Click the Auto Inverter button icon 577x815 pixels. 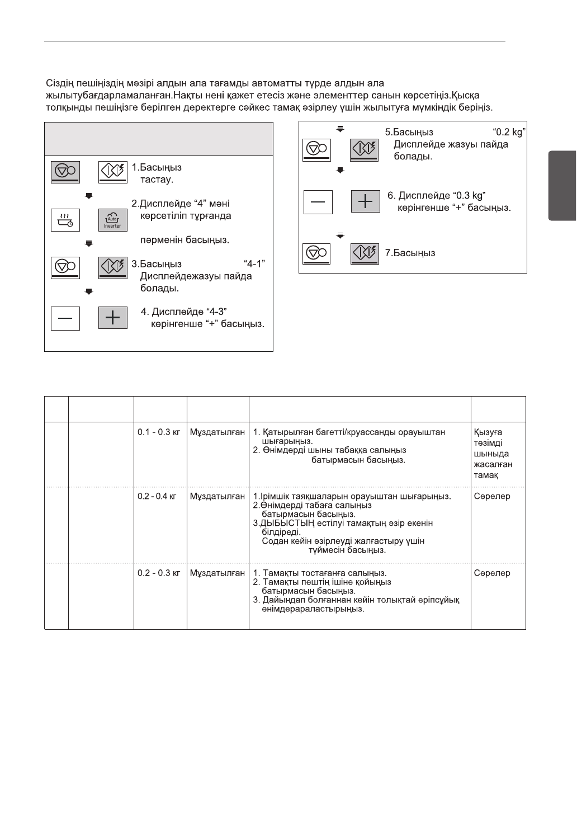click(113, 220)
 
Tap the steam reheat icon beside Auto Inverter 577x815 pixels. click(65, 220)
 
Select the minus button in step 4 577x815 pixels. click(65, 318)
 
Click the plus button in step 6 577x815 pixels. click(365, 201)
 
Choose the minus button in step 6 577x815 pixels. click(318, 201)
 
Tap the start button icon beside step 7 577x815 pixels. click(365, 253)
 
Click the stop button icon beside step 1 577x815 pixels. click(65, 172)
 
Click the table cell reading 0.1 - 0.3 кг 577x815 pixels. click(159, 432)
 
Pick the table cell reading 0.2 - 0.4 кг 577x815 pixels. click(159, 496)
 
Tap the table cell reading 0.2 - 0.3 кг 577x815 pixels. click(159, 573)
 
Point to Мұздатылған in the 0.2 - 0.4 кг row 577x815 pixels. click(217, 496)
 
